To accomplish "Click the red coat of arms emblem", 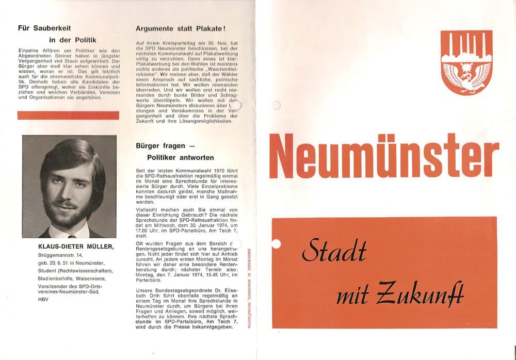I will click(x=466, y=62).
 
